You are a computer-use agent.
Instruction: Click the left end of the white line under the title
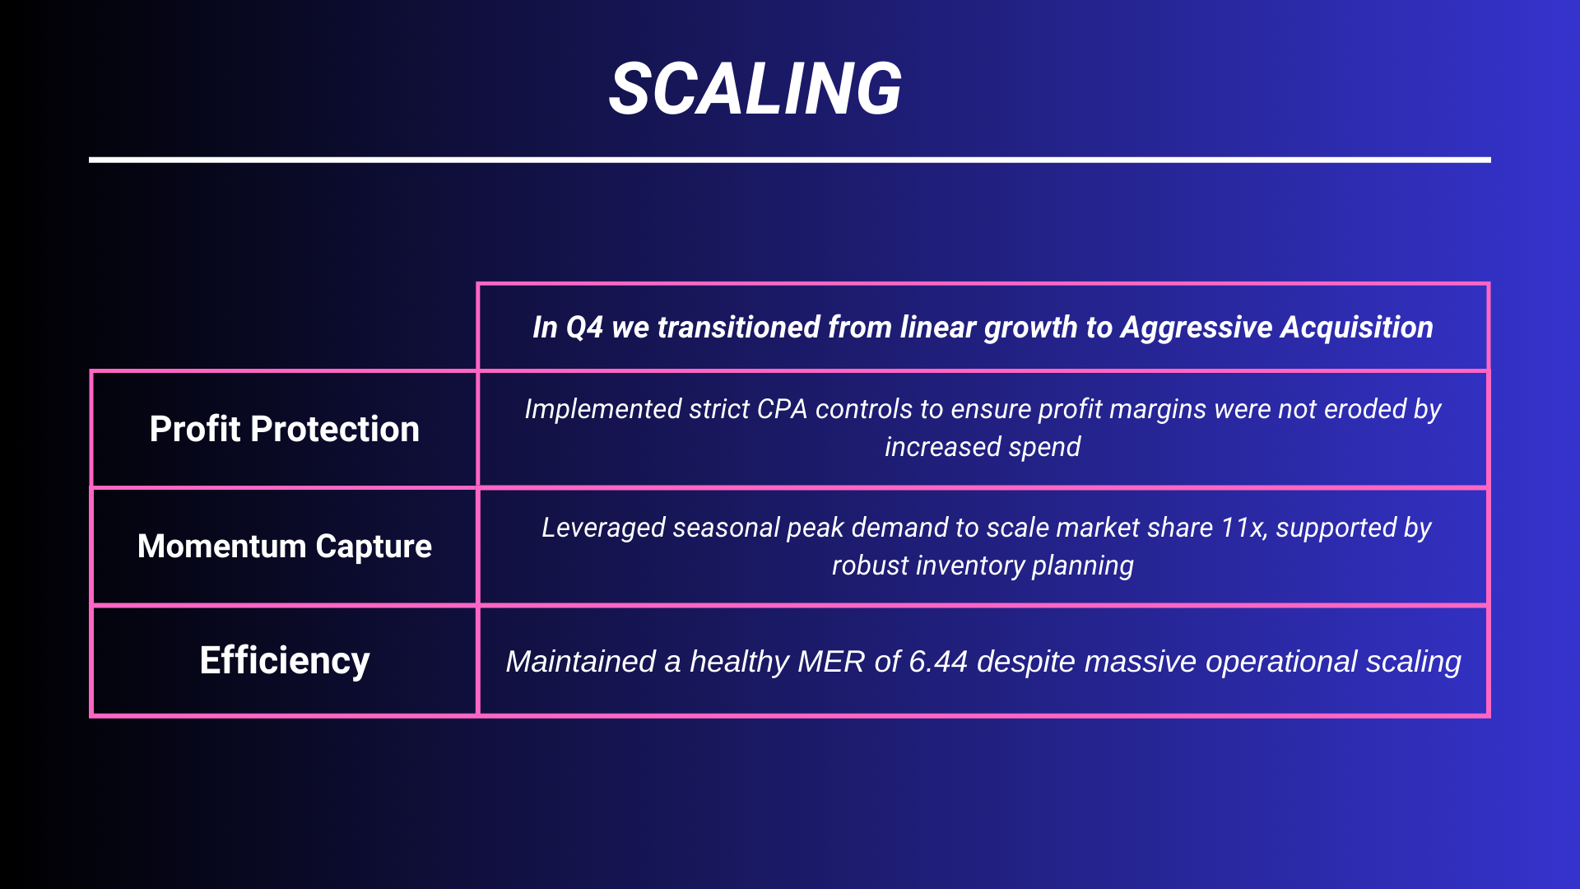[90, 160]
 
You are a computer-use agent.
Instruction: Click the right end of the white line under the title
[1490, 160]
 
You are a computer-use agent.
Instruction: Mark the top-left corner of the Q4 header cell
[477, 283]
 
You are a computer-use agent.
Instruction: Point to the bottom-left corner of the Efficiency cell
[91, 717]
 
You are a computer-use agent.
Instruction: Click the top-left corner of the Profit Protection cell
[91, 370]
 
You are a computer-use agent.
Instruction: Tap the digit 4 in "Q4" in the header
[595, 328]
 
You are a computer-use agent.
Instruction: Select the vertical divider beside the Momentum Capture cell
[477, 547]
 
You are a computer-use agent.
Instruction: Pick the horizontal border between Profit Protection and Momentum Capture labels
[284, 487]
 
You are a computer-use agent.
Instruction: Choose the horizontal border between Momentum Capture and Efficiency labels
[284, 605]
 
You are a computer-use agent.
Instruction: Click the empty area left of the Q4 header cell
[283, 326]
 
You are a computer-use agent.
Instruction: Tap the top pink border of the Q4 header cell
[983, 284]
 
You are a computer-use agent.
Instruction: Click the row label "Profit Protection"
[285, 429]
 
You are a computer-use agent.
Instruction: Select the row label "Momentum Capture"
[285, 547]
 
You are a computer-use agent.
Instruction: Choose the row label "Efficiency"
[285, 660]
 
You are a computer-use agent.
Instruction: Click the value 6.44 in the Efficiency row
[938, 662]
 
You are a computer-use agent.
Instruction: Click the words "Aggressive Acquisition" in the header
[1277, 328]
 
